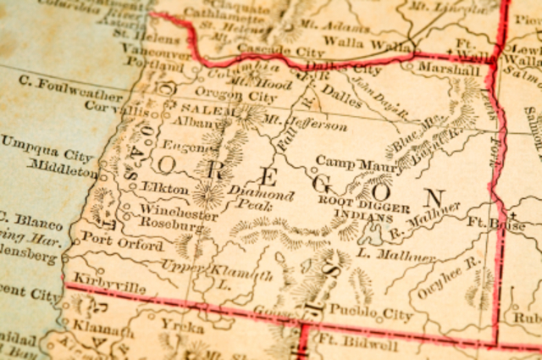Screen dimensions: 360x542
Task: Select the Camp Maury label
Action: [347, 161]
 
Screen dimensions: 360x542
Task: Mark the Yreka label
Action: [181, 326]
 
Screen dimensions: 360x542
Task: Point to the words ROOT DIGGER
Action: [365, 202]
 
